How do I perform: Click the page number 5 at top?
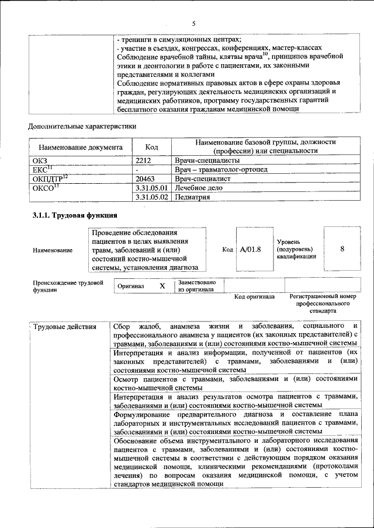193,23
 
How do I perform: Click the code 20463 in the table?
146,179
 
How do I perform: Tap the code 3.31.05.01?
151,188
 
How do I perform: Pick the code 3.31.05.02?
151,197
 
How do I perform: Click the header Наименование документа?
81,148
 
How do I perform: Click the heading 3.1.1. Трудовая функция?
75,215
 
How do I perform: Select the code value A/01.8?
250,249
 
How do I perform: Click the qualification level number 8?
342,249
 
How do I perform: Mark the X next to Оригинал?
162,286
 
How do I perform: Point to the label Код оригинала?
254,297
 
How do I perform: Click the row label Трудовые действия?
64,326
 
